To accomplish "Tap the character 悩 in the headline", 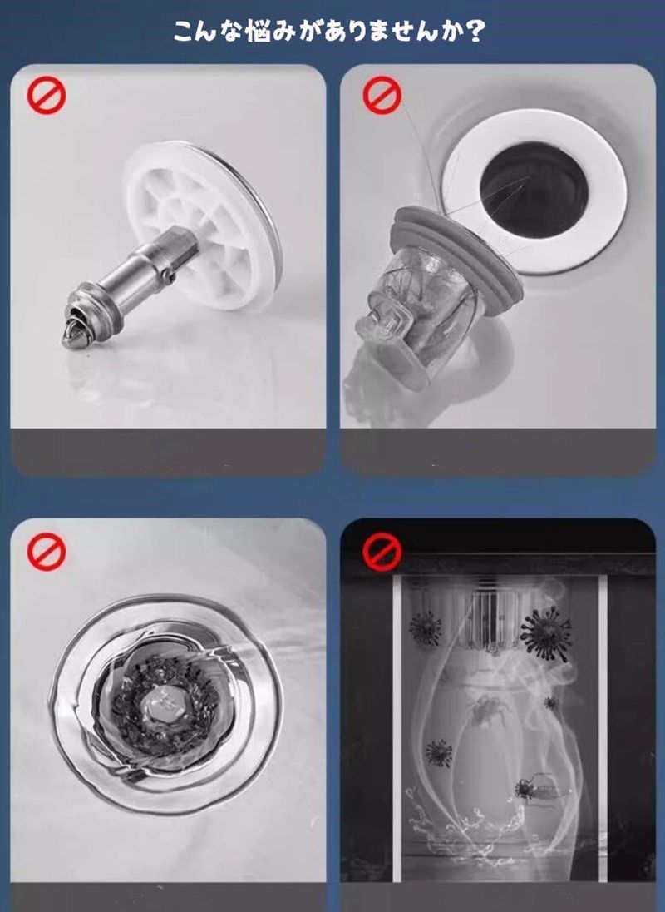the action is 261,32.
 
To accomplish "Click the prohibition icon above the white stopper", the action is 47,95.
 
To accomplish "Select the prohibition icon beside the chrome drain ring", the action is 382,95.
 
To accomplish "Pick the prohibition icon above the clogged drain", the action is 47,552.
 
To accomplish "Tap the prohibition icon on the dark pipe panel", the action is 382,552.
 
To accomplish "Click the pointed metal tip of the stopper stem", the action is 71,338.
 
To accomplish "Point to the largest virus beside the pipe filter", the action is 545,633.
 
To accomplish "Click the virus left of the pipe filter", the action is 425,629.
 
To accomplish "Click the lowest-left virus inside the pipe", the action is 439,753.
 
